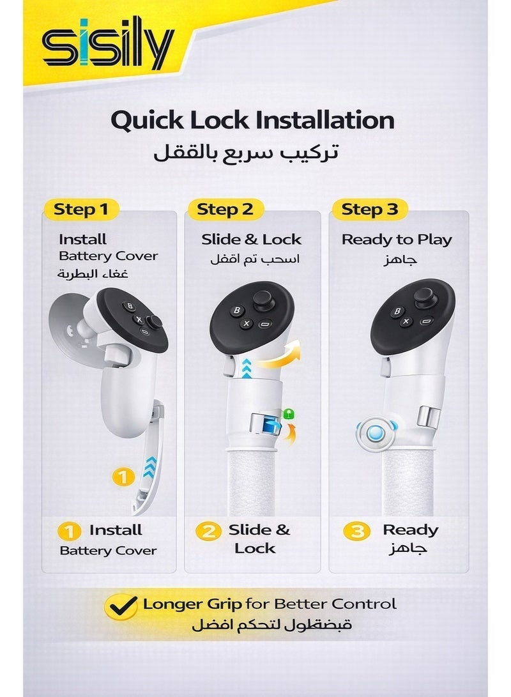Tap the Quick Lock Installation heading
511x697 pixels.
coord(252,120)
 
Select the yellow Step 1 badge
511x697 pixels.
coord(81,210)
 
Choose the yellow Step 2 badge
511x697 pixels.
coord(225,210)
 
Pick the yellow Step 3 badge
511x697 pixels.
coord(370,210)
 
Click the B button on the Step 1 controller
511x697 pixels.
coord(130,306)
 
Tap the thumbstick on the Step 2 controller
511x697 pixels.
coord(264,302)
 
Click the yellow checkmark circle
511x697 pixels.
coord(121,606)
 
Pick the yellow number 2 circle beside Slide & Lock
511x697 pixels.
coord(208,531)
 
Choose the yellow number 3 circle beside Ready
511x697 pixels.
coord(357,531)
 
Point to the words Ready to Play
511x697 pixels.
coord(397,240)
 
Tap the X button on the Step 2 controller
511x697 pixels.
coord(247,324)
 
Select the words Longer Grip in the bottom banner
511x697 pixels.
coord(192,604)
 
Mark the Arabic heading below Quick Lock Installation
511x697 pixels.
coord(246,152)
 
